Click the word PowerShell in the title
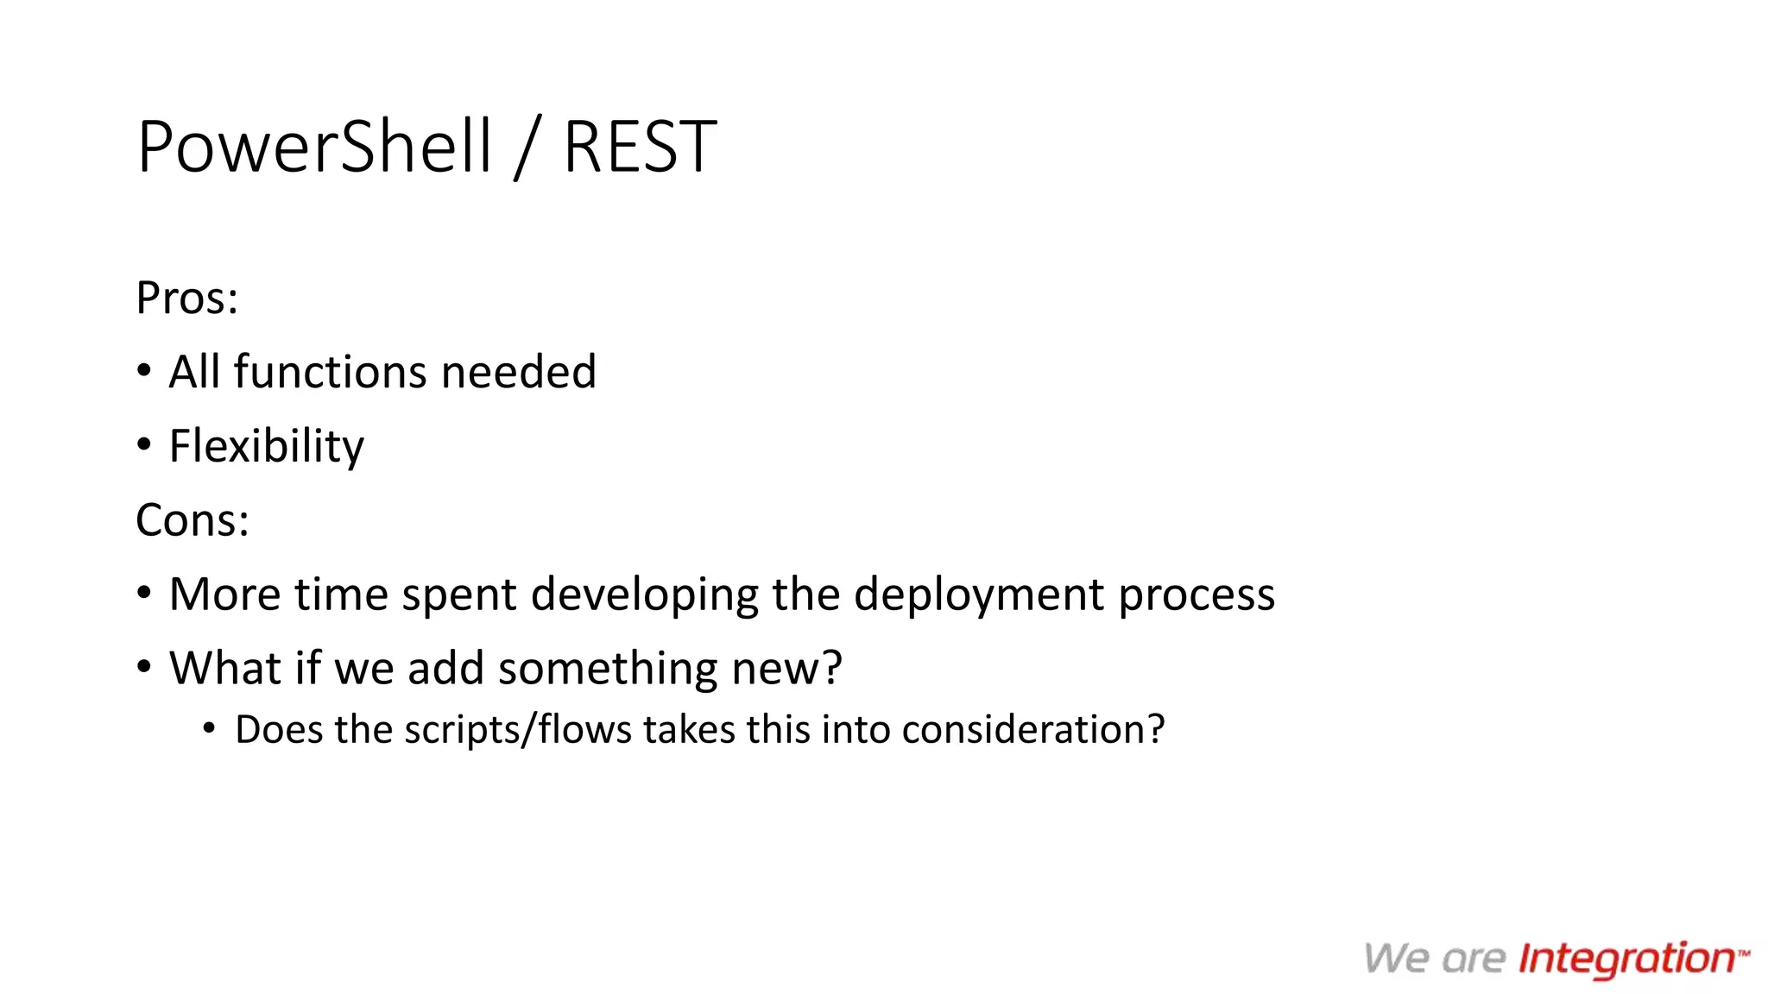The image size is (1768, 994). tap(314, 147)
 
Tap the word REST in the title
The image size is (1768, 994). tap(640, 147)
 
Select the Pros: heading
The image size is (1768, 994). tap(186, 299)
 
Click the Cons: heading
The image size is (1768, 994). tap(193, 520)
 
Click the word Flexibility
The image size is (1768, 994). tap(267, 447)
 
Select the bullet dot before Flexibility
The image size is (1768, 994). tap(144, 445)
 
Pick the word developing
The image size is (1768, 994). tap(644, 595)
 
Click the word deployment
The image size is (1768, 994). tap(979, 595)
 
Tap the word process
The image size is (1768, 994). tap(1197, 595)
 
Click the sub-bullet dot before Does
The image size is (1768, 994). tap(209, 729)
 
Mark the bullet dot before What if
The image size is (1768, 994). tap(144, 667)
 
